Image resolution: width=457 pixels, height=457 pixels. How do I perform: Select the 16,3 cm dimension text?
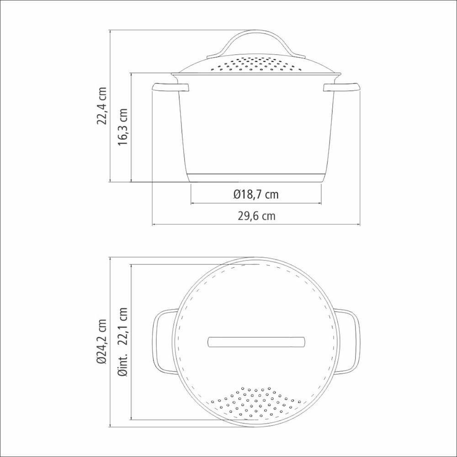[122, 127]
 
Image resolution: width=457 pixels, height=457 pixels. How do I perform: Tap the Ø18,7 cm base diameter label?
[255, 194]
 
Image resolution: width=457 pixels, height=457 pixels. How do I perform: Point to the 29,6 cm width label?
[256, 216]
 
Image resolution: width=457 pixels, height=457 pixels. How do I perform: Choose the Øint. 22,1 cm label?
[122, 341]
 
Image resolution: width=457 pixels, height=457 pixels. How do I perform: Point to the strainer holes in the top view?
[256, 402]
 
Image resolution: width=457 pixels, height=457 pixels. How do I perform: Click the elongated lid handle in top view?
[256, 342]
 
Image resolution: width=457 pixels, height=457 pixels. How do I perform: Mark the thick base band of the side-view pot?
[256, 178]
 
